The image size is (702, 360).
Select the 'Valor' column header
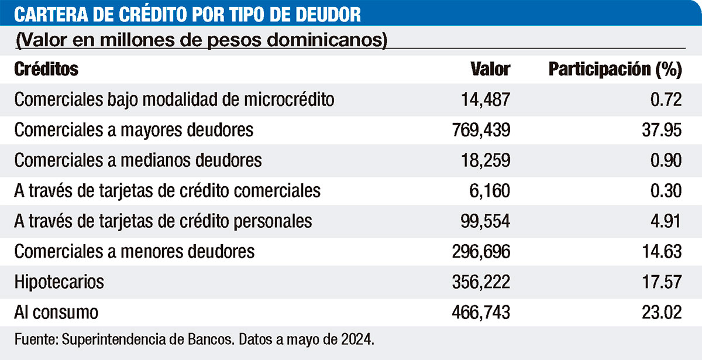click(x=490, y=69)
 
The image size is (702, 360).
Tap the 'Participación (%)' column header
click(x=615, y=70)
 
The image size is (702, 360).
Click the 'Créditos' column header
click(x=46, y=69)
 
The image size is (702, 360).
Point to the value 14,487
click(x=486, y=100)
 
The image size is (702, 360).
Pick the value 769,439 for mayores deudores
click(x=480, y=130)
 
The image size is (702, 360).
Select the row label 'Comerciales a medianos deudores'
click(x=138, y=160)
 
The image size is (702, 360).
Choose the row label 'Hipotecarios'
click(x=59, y=282)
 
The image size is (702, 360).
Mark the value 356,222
click(x=480, y=282)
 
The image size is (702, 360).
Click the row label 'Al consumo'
click(x=57, y=313)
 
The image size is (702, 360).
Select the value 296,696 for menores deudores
click(x=480, y=252)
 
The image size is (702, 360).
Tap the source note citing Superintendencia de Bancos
click(x=194, y=340)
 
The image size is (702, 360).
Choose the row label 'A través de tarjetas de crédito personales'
click(x=163, y=221)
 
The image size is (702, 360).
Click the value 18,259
click(x=486, y=160)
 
